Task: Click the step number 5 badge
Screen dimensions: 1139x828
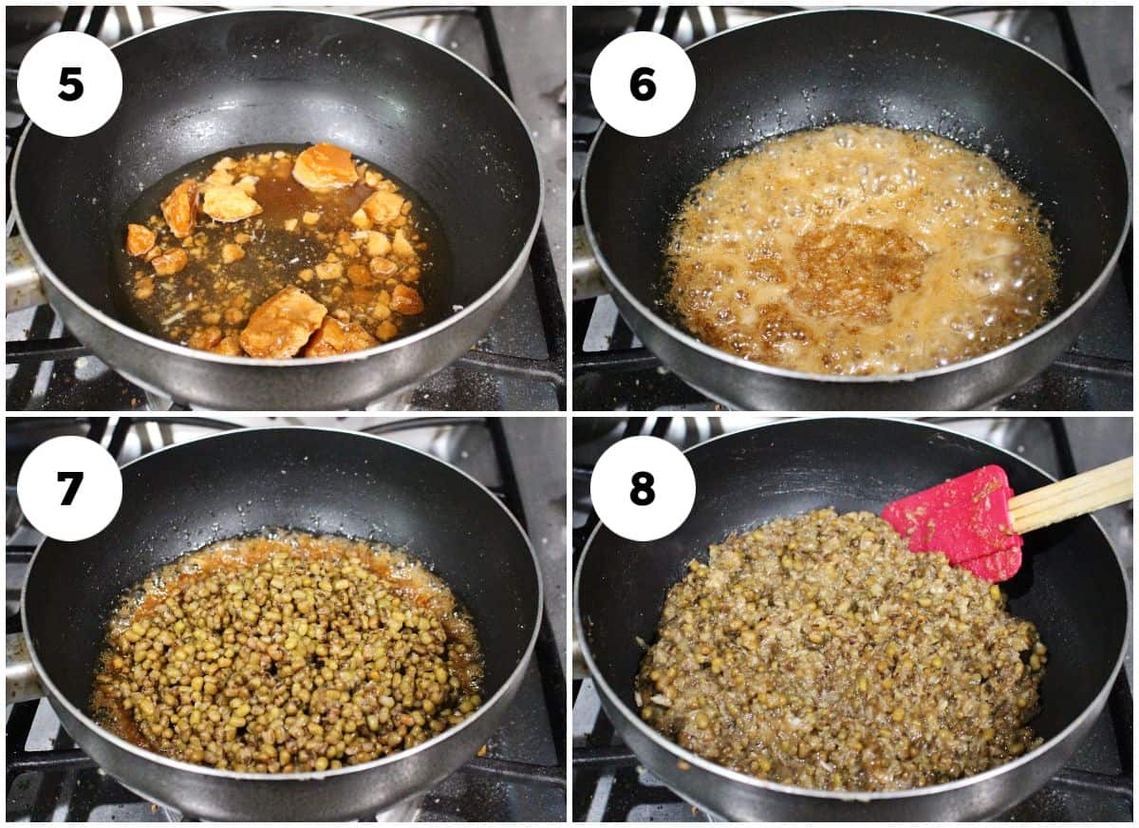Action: click(69, 84)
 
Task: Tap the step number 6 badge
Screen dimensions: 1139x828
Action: click(643, 84)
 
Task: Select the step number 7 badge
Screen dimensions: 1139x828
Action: click(69, 488)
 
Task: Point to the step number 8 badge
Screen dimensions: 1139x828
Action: click(643, 488)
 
